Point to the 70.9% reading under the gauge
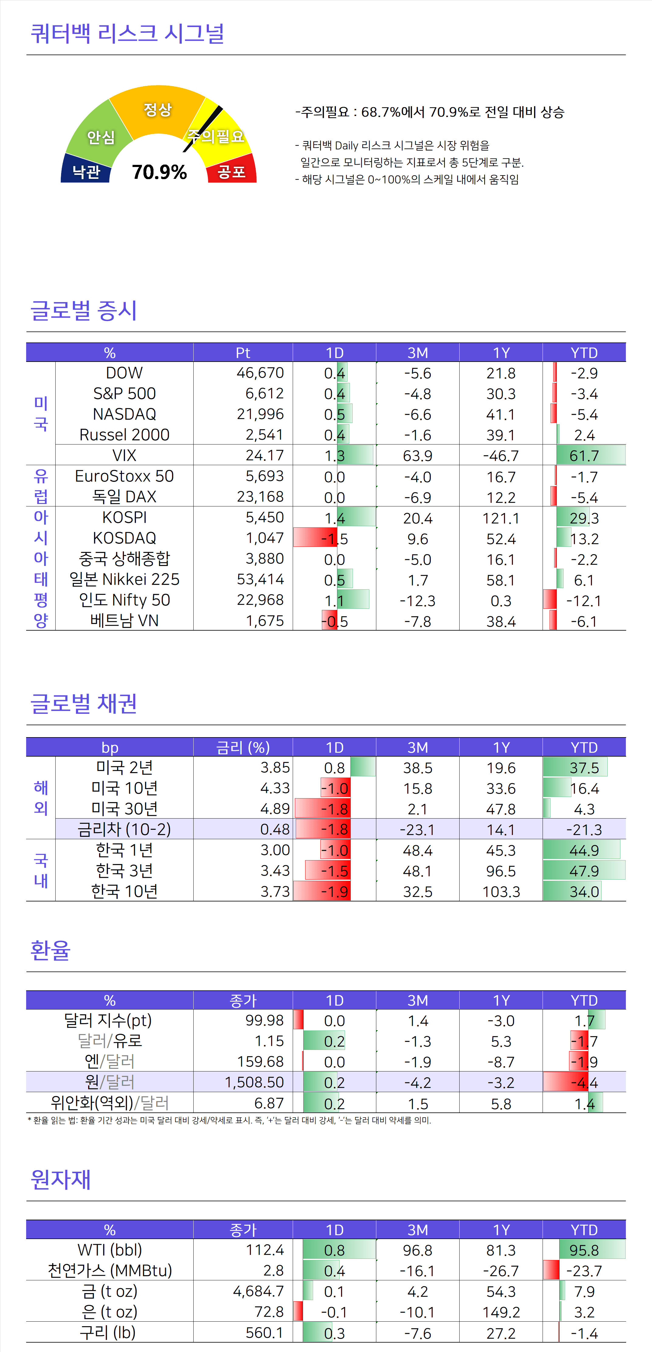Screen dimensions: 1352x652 [159, 172]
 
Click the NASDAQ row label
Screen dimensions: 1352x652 [125, 414]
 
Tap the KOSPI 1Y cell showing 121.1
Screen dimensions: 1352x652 [501, 518]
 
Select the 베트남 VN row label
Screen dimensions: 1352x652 [125, 621]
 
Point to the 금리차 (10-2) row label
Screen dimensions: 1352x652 [125, 829]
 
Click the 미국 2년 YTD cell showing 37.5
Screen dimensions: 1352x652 [584, 768]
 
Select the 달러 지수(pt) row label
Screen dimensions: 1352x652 [108, 1020]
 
